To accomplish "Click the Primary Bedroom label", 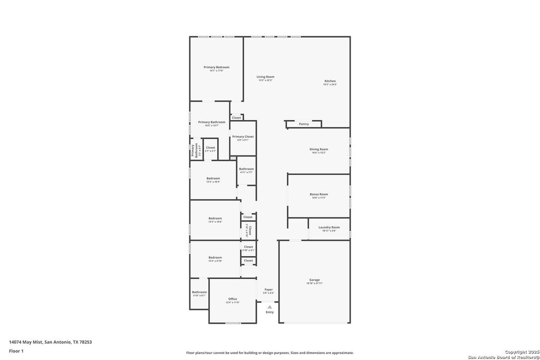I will click(216, 67).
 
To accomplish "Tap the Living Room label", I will click(265, 77).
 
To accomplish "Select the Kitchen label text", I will click(330, 81).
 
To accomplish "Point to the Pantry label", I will click(304, 124).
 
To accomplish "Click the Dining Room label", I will click(319, 149).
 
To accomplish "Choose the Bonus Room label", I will click(319, 194).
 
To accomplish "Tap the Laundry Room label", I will click(329, 227).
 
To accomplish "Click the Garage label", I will click(314, 280).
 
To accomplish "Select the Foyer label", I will click(268, 289).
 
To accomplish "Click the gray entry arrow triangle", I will click(269, 307).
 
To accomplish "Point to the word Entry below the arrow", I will click(269, 312).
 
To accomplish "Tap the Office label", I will click(233, 299).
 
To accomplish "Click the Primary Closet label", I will click(243, 137).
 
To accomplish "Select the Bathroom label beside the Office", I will click(199, 292).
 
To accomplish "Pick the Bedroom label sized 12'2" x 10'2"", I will click(213, 179).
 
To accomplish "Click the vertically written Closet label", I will click(249, 230).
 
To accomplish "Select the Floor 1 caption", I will click(17, 351).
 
